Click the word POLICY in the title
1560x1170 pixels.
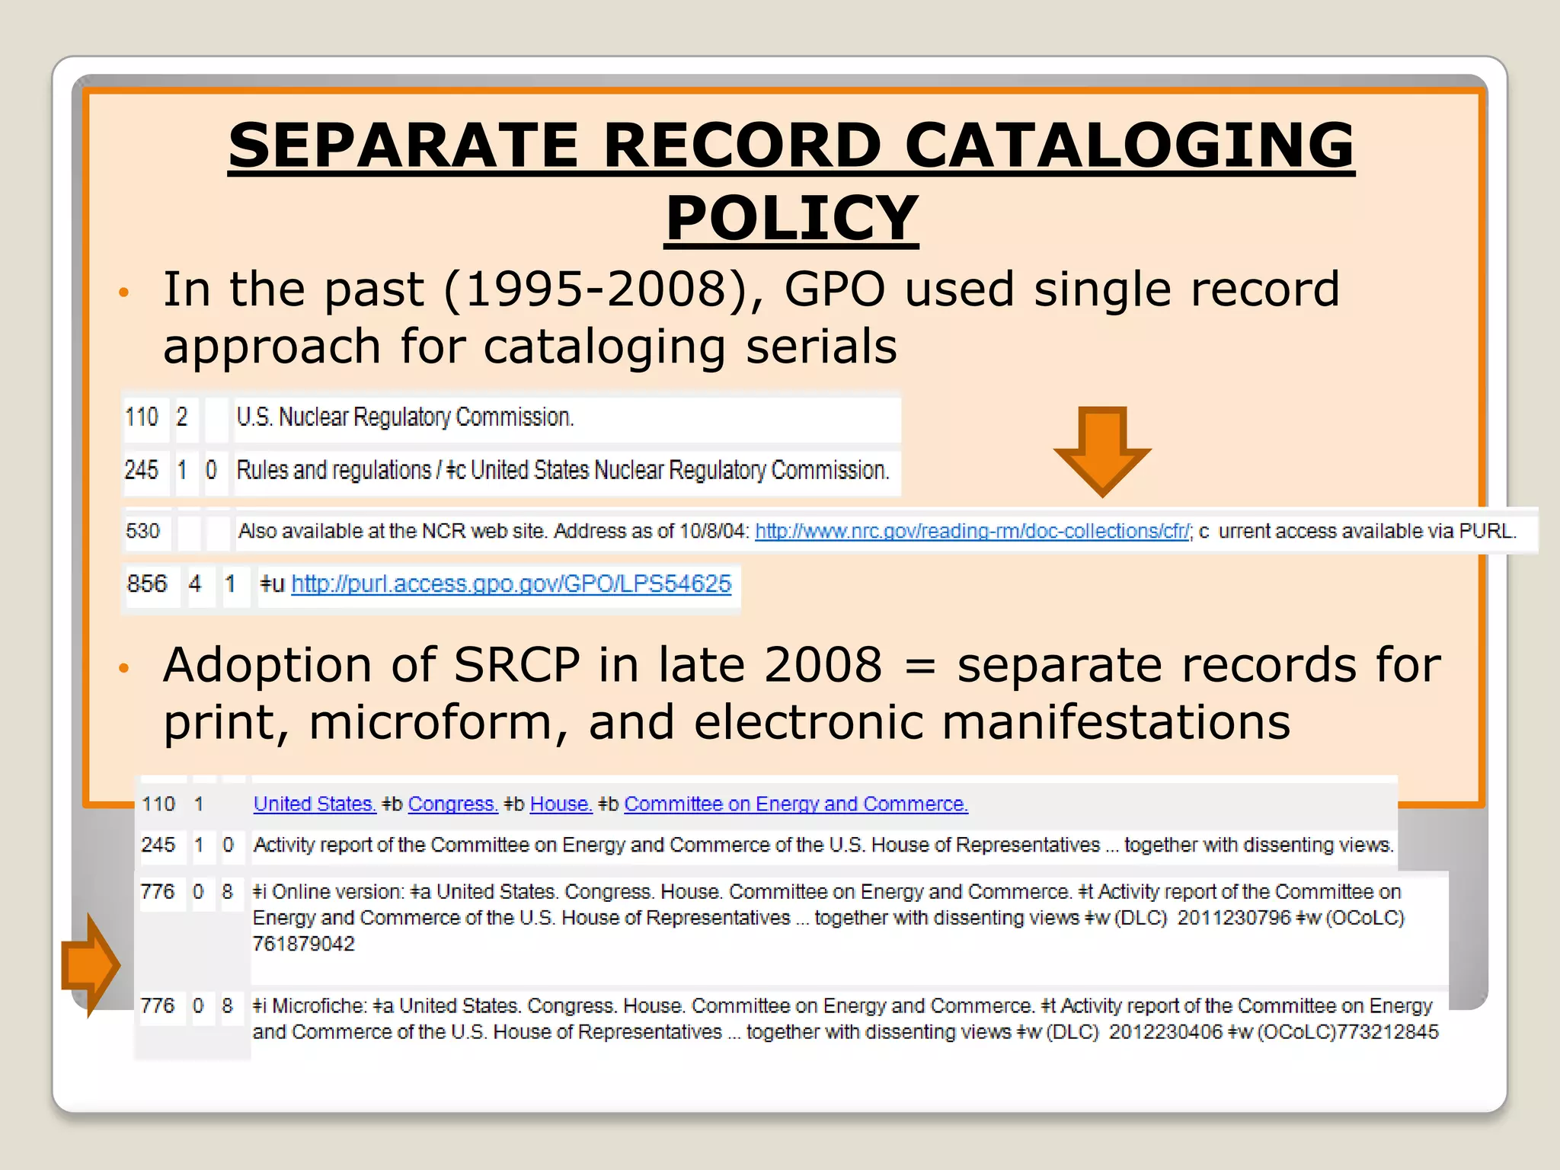coord(791,218)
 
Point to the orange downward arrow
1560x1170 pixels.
coord(1102,450)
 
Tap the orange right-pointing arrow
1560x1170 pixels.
coord(90,964)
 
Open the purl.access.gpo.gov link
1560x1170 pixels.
coord(511,584)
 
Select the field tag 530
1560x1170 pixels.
coord(142,531)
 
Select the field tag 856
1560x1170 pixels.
coord(147,584)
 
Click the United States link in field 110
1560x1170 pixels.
coord(315,804)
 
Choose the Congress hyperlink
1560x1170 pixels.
coord(452,804)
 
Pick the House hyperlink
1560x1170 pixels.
coord(561,804)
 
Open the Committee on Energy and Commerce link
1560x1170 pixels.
coord(796,804)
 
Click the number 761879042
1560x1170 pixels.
coord(303,945)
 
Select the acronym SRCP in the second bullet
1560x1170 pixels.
coord(516,665)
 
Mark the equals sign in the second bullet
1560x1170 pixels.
coord(920,667)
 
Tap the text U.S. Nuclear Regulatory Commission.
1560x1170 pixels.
coord(404,417)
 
